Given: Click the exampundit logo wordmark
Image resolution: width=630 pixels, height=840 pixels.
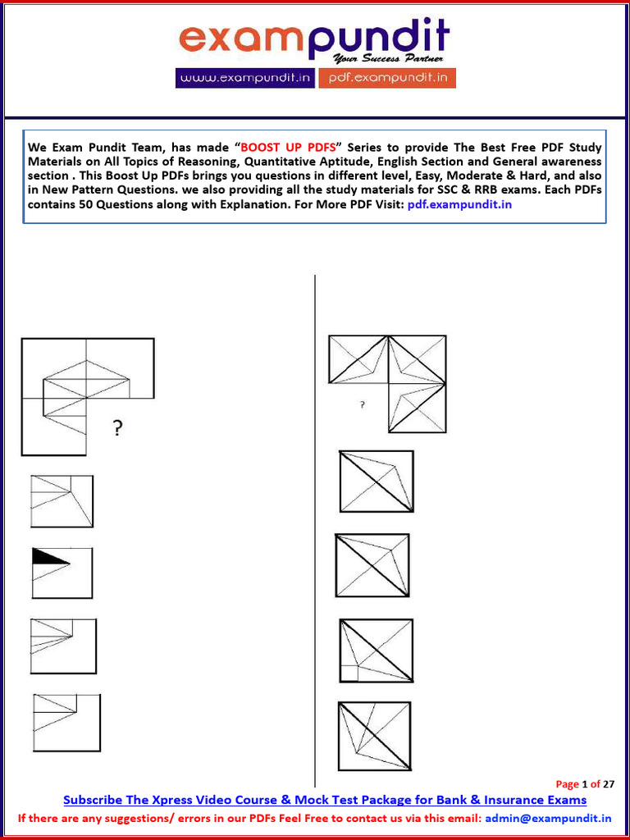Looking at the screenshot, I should point(314,39).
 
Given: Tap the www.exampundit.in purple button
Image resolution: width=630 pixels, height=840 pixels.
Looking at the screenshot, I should point(244,78).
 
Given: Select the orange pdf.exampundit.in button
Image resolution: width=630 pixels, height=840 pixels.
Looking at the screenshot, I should point(386,78).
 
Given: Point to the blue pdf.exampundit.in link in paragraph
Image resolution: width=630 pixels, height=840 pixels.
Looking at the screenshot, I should point(459,203).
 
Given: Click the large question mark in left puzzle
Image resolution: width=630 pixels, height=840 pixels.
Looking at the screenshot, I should point(118,428).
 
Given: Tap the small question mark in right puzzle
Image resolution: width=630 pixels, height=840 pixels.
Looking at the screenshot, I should point(363,404).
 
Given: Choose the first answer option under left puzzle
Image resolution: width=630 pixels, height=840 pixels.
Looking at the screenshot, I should point(62,502).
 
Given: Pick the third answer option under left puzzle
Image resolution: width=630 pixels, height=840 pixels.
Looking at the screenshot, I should point(63,646).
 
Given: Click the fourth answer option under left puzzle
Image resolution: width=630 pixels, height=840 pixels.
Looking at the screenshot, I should point(66,723).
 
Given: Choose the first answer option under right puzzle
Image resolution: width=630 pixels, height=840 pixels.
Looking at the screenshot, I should point(377,482).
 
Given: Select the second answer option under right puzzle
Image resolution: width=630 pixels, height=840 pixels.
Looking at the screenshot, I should point(372,565).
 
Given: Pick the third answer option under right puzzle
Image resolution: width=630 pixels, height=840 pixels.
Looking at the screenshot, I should point(376,651).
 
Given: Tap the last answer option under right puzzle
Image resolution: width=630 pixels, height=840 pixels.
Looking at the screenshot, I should point(374,736).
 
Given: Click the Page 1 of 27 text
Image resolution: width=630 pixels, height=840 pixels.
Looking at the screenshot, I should point(585,784).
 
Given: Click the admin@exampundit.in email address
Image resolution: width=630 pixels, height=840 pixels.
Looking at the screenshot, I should point(548,818).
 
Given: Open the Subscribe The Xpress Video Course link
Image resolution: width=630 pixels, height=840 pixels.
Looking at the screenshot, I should point(325,800).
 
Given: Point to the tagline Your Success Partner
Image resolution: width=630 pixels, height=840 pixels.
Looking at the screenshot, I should point(387,59).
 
